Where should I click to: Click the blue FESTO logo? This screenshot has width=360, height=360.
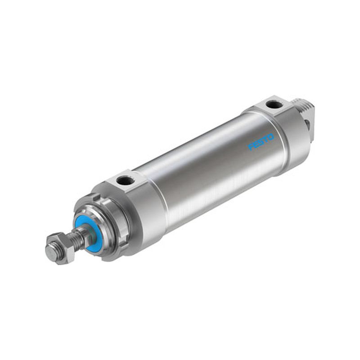click(x=261, y=142)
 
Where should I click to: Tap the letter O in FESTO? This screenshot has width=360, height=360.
click(x=271, y=137)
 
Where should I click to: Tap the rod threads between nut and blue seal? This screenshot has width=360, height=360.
click(x=79, y=237)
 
